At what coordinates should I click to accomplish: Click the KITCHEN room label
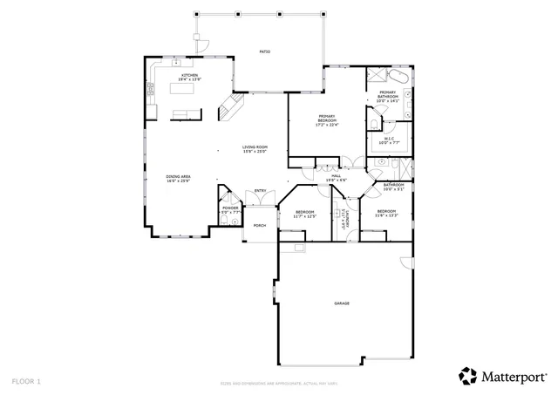tap(189, 75)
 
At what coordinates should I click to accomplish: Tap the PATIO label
tap(264, 52)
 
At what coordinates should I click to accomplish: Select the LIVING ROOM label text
tap(255, 146)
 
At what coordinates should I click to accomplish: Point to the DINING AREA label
tap(178, 177)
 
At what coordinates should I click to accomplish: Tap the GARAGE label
tap(341, 303)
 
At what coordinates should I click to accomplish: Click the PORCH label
tap(259, 225)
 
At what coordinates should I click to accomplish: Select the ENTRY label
tap(260, 191)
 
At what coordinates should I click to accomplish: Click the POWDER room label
tap(229, 208)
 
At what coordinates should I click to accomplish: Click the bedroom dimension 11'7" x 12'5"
tap(304, 215)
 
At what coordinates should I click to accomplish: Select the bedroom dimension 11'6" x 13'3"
tap(387, 215)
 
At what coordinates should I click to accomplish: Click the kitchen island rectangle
tap(185, 112)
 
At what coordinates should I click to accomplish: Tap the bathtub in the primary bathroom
tap(379, 74)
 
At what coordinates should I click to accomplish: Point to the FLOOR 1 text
tap(26, 381)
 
